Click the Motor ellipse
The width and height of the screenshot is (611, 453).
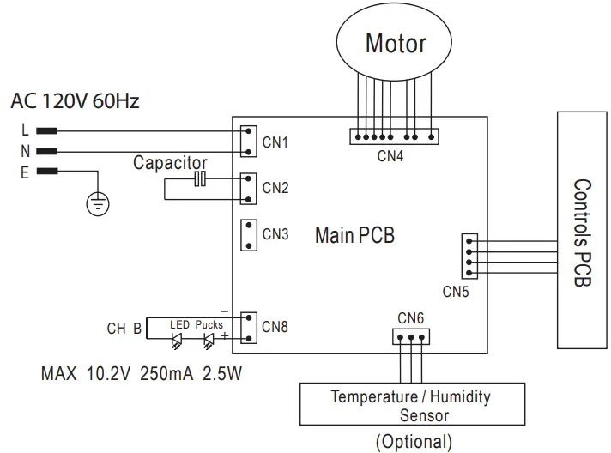point(396,43)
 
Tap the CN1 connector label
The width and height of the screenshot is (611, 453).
point(275,142)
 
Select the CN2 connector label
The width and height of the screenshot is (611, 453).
point(275,188)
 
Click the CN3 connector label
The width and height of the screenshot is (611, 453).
point(275,233)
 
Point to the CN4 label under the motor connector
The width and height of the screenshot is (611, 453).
point(392,156)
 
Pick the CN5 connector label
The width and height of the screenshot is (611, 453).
point(457,292)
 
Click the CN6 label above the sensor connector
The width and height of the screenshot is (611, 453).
point(410,318)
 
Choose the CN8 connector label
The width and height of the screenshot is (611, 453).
point(275,326)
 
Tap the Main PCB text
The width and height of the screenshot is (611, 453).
point(354,234)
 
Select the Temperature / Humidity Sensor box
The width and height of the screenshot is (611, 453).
point(411,405)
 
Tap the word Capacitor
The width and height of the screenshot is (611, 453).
point(170,162)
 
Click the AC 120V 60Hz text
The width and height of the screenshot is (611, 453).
point(76,102)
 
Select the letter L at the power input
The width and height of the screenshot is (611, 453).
point(25,131)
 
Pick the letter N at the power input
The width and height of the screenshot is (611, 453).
point(25,152)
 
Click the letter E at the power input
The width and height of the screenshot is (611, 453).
point(25,172)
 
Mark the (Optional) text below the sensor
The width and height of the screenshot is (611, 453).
point(413,442)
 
